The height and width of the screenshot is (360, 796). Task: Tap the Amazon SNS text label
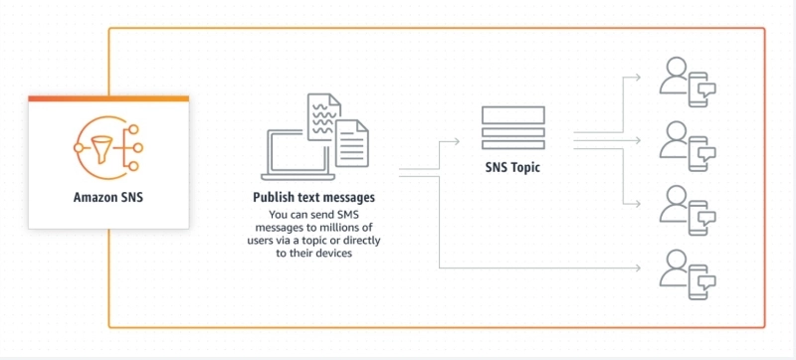[x=107, y=197]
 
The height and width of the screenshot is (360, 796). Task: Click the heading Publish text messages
[x=313, y=198]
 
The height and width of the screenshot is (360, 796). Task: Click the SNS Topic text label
[x=512, y=168]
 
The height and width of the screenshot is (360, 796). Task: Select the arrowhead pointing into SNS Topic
[x=457, y=141]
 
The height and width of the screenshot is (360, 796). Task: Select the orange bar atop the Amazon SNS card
[x=108, y=98]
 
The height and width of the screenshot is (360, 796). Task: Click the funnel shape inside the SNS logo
[x=98, y=146]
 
